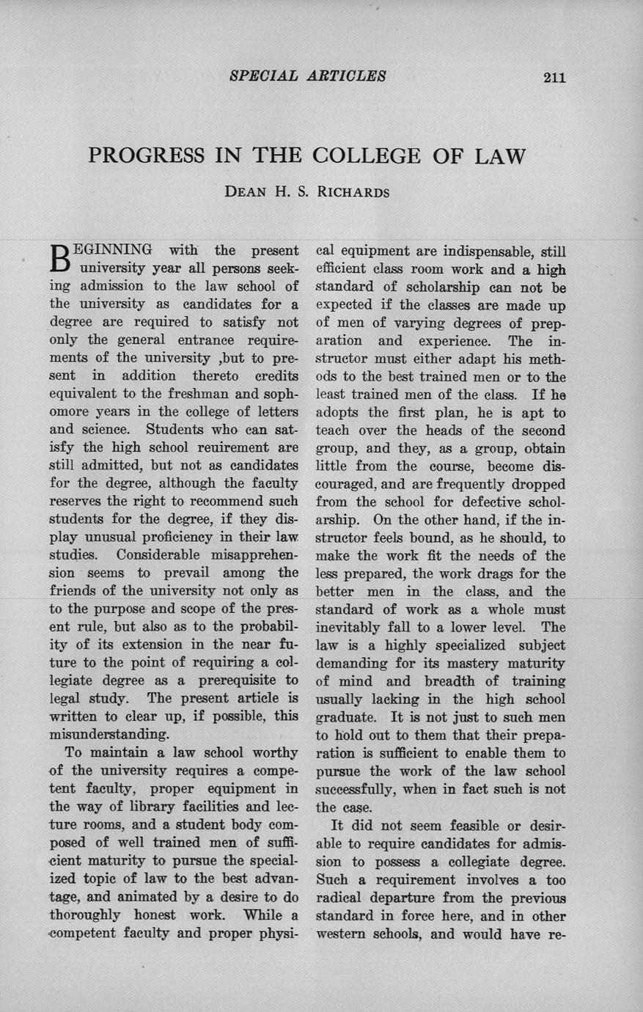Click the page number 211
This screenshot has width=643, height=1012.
(554, 77)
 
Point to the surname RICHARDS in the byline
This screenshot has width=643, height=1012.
(354, 193)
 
